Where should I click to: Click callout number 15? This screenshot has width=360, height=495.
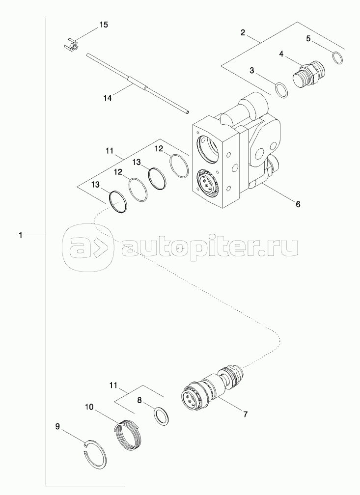tap(104, 24)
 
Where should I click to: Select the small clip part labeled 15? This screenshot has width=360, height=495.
tap(72, 45)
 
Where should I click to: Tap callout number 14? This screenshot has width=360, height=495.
tap(108, 98)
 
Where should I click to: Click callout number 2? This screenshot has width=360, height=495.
tap(243, 33)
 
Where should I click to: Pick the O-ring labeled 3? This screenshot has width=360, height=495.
tap(281, 90)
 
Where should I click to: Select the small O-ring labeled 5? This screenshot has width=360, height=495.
tap(338, 57)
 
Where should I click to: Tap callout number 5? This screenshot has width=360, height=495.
tap(308, 38)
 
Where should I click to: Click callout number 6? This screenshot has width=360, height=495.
tap(298, 203)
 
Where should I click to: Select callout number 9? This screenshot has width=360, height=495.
tap(57, 427)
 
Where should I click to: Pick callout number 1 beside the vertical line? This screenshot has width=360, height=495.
tap(20, 236)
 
